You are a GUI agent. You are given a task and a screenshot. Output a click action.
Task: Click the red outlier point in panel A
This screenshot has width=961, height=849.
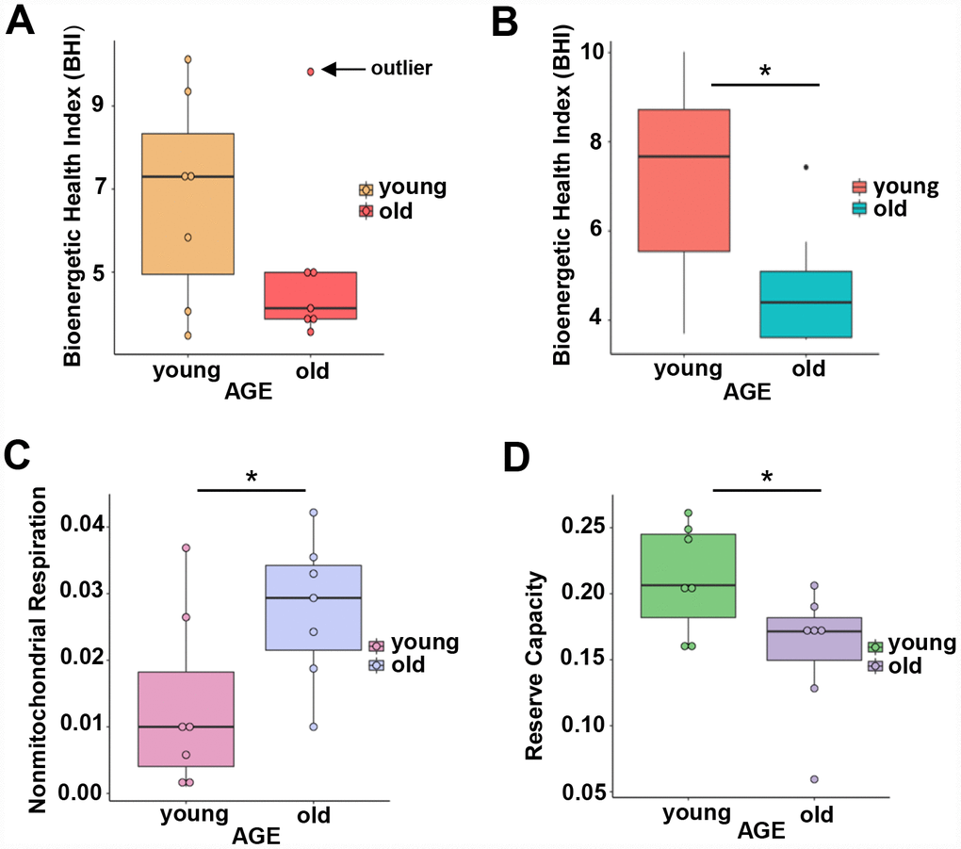click(310, 71)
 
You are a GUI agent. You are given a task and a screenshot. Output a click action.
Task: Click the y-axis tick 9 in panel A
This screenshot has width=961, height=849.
click(97, 106)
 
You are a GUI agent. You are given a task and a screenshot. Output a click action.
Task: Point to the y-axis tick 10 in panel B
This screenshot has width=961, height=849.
click(594, 52)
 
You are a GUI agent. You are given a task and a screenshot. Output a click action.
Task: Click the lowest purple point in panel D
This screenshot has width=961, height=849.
click(814, 779)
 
